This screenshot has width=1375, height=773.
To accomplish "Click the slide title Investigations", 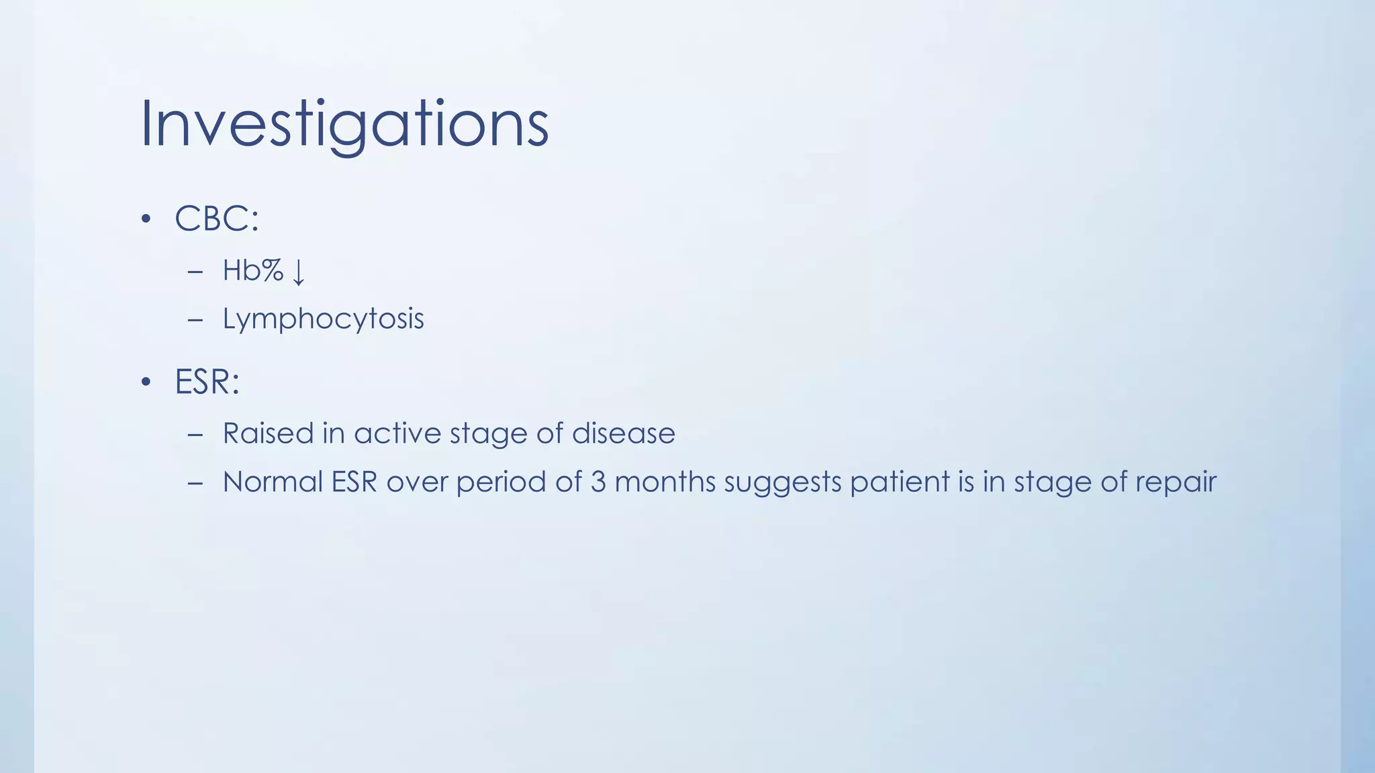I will click(x=344, y=124).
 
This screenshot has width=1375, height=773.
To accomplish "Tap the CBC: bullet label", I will click(x=216, y=219).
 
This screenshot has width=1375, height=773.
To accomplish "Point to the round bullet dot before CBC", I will click(x=146, y=219).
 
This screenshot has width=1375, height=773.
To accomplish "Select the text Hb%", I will click(x=253, y=270).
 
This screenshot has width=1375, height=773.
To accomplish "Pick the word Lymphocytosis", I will click(x=323, y=319).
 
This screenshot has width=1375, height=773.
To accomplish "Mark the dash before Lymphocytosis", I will click(x=195, y=320).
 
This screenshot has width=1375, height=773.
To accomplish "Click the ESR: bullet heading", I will click(x=207, y=382).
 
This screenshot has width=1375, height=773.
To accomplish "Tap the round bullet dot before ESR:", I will click(x=146, y=382).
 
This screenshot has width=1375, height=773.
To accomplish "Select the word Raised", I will click(x=268, y=433).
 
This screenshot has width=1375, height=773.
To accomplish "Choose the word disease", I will click(x=623, y=433).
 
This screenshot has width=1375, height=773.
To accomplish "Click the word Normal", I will click(x=273, y=482).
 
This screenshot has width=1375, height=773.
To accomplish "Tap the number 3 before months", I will click(x=598, y=482).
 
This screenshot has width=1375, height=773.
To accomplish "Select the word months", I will click(x=665, y=482).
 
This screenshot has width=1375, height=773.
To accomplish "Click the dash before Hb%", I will click(x=195, y=272).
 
